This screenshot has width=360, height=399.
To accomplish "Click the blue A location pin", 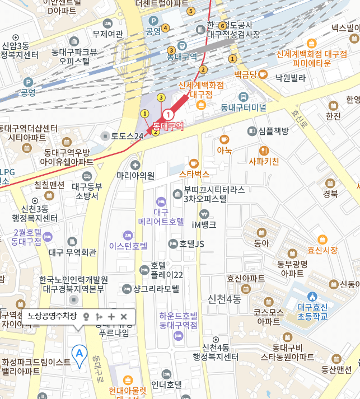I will click(80, 354).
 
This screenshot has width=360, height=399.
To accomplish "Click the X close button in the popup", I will click(124, 317).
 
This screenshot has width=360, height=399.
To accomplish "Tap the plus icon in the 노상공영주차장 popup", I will click(111, 317).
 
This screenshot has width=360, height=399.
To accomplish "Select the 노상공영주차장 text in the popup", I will click(52, 317).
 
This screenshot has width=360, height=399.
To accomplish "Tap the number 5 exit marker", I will click(191, 11).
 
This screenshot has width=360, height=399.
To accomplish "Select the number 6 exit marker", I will click(222, 26).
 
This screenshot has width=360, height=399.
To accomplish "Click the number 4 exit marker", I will click(165, 28).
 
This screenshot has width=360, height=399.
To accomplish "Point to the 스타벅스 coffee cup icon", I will click(194, 163).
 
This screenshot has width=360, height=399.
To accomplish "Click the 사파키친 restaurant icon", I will click(263, 150).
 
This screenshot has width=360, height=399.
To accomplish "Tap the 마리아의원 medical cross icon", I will click(135, 165).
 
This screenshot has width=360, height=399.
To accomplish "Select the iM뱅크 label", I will click(204, 224).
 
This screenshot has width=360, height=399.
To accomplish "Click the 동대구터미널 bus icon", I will click(242, 96).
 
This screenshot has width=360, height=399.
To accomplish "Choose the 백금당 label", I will click(245, 74).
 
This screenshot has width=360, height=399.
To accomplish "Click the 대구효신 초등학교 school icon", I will click(312, 295).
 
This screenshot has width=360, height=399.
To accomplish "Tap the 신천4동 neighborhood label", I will click(224, 299).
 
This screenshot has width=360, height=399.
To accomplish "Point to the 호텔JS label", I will click(192, 243).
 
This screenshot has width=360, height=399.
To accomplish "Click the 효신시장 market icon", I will click(321, 240).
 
